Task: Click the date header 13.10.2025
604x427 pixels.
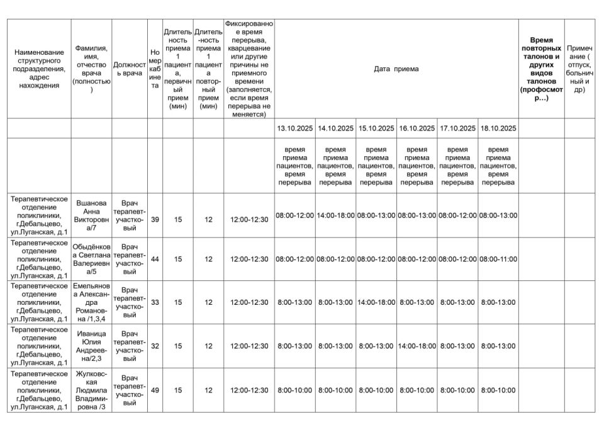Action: tap(294, 128)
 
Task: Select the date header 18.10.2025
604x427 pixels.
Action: tap(498, 128)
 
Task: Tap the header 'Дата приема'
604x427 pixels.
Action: tap(396, 69)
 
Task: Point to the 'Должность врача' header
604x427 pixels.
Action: tap(130, 69)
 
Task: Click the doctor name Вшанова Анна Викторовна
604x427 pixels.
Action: tap(91, 215)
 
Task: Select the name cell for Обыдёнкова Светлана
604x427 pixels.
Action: tap(91, 259)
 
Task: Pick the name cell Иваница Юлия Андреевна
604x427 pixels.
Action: tap(91, 346)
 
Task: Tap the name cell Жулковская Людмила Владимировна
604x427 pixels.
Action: tap(91, 390)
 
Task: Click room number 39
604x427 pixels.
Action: tap(155, 220)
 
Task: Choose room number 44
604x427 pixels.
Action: tap(155, 259)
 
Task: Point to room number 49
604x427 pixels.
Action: tap(155, 390)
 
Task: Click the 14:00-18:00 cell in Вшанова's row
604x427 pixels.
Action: tap(335, 215)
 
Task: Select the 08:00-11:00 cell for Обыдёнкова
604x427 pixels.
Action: tap(498, 259)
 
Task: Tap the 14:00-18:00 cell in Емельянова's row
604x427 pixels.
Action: tap(376, 302)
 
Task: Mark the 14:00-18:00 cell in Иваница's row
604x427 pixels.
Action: tap(417, 346)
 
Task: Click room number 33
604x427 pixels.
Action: tap(155, 302)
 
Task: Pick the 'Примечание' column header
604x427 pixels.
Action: tap(579, 69)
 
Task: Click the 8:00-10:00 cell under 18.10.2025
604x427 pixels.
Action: tap(498, 390)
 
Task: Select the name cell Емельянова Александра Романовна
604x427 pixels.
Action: tap(91, 302)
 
